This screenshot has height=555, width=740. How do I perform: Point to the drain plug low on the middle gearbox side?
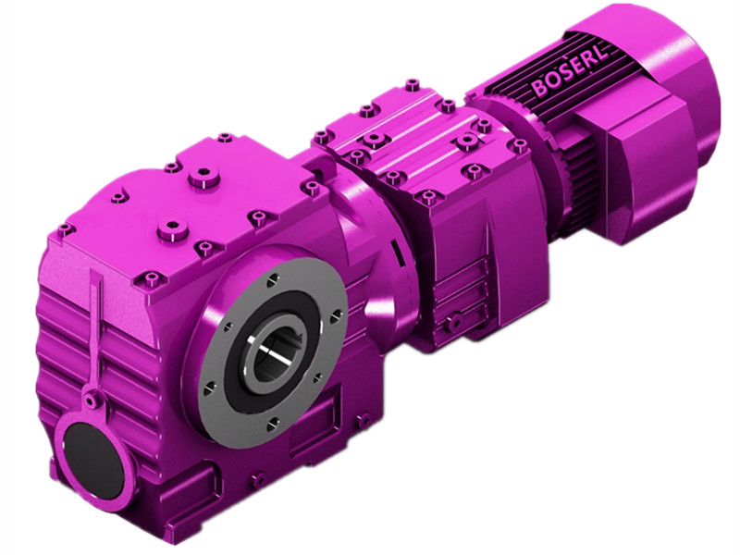coord(452,321)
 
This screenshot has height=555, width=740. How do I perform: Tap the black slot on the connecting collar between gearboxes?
coord(395,253)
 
